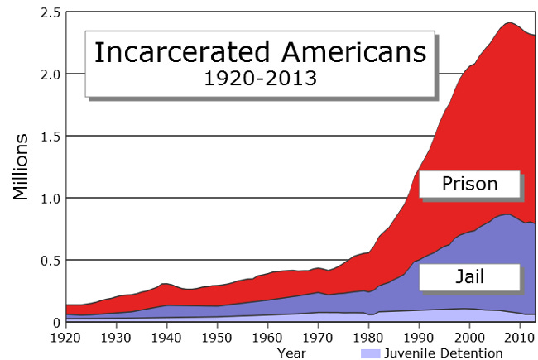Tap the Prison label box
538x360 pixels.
[469, 184]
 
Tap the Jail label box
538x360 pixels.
[469, 276]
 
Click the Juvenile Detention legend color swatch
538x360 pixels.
[371, 353]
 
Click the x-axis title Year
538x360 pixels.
[291, 353]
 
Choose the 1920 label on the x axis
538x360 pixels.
[65, 338]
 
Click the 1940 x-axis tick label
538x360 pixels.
[166, 338]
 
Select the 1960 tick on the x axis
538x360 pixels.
[267, 338]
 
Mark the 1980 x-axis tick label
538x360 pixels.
[368, 338]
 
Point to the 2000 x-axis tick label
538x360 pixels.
[469, 338]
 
